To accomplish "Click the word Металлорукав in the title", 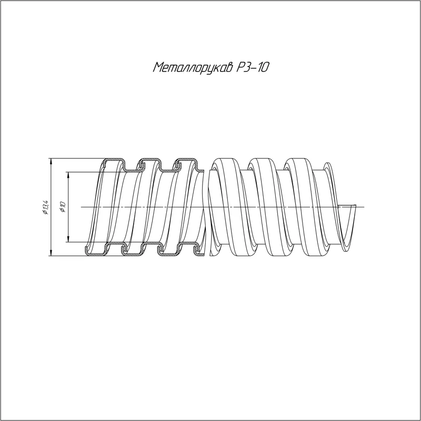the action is (x=193, y=67).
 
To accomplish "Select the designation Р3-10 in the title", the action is (x=253, y=67).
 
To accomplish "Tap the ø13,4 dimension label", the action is (x=45, y=207).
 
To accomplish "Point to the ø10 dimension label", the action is (x=63, y=207).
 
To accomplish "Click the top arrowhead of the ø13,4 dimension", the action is (x=51, y=161).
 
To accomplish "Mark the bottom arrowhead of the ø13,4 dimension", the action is (x=51, y=253).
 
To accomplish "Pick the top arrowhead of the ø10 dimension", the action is (x=69, y=175).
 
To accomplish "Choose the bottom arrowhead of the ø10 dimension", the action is (x=69, y=239).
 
